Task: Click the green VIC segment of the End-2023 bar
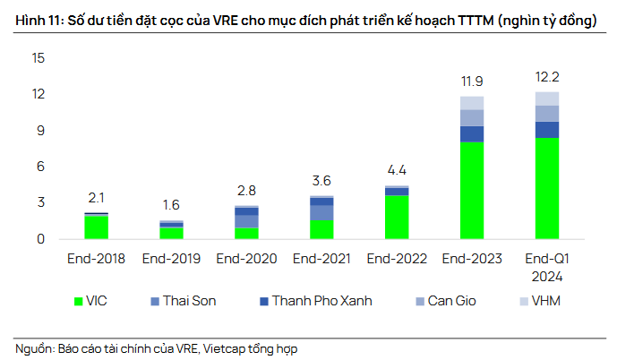[472, 191]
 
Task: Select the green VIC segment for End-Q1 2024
[546, 188]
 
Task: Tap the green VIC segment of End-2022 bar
[397, 217]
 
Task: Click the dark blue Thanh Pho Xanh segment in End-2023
[472, 134]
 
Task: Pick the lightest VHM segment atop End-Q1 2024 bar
[546, 99]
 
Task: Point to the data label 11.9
[472, 82]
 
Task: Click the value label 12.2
[546, 78]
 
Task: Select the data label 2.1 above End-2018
[96, 198]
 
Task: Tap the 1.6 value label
[171, 204]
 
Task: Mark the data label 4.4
[397, 171]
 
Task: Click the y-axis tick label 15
[38, 58]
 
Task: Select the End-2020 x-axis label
[246, 260]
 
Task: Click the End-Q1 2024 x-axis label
[546, 268]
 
